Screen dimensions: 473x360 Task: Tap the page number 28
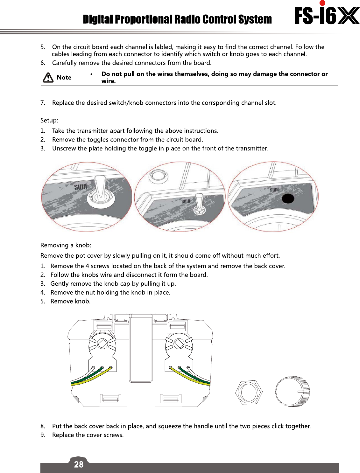79,464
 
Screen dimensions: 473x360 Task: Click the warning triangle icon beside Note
48,77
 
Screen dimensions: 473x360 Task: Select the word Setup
49,121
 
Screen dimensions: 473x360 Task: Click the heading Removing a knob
66,245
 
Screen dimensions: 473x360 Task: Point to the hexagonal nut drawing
249,392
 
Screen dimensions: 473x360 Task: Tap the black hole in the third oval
288,199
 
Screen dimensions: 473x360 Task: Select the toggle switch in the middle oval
199,204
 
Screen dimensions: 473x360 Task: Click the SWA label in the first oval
81,187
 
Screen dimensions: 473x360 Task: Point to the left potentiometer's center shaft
102,344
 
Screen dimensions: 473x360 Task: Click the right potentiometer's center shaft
179,343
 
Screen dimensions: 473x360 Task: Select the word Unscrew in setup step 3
64,149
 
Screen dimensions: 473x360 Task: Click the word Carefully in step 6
64,63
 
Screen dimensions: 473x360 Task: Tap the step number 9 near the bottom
43,435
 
